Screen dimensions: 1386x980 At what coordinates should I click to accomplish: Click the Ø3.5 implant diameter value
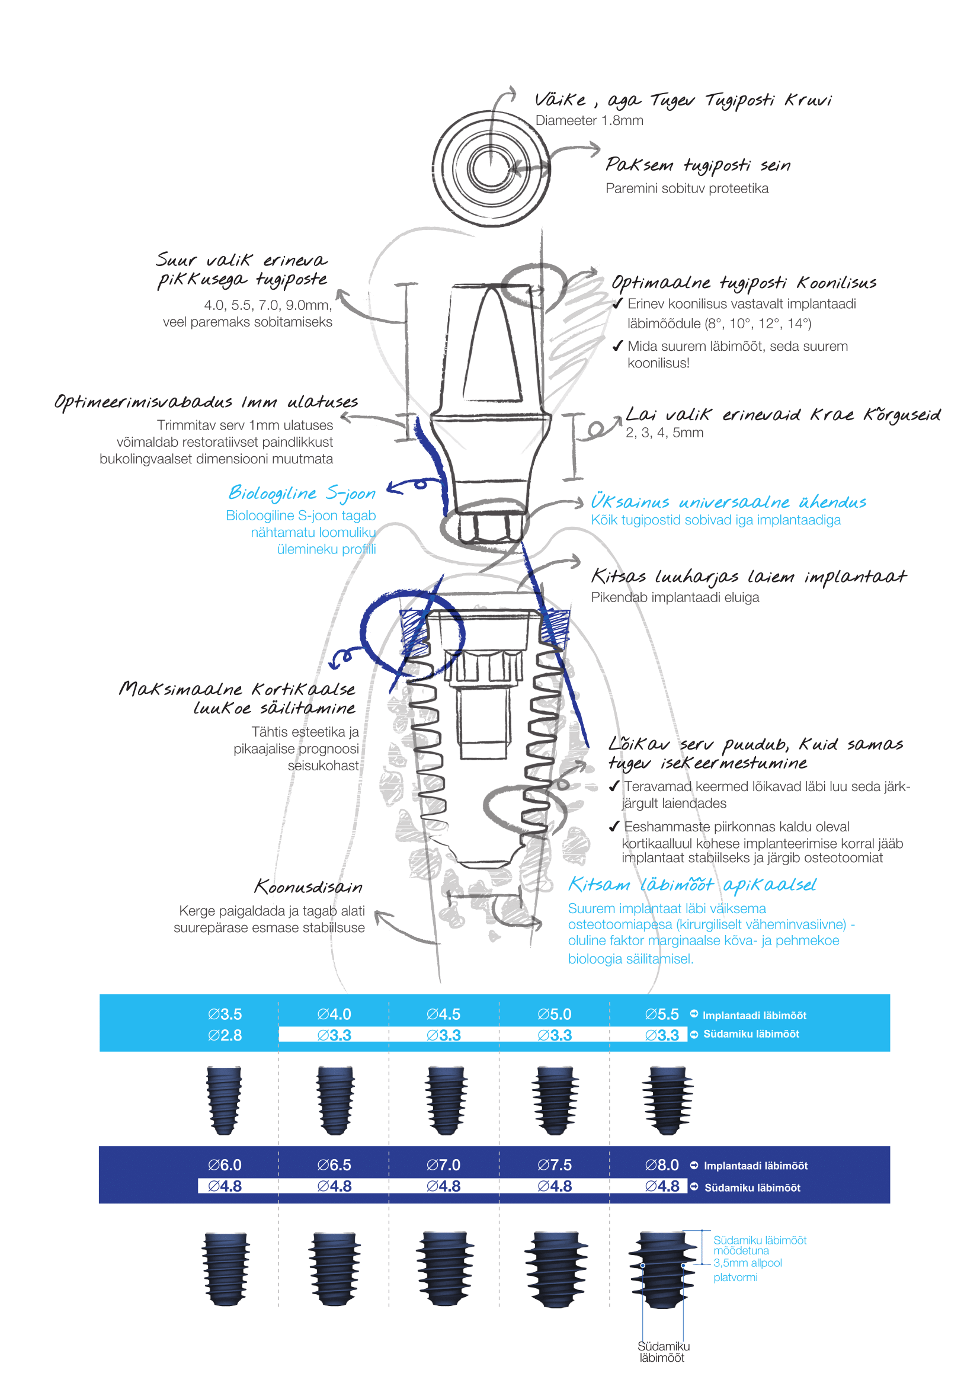tap(225, 1014)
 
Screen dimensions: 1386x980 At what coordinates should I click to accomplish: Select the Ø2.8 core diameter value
tap(225, 1035)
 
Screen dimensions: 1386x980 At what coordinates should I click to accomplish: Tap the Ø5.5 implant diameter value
tap(661, 1014)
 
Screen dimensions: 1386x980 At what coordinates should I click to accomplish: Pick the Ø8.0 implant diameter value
tap(661, 1165)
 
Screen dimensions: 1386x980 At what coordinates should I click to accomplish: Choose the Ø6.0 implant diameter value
tap(225, 1165)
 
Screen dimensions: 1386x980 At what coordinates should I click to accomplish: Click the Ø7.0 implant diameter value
tap(443, 1165)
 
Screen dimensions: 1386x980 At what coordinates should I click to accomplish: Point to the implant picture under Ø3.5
tap(225, 1100)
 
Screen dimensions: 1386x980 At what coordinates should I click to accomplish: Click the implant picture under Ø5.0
tap(555, 1100)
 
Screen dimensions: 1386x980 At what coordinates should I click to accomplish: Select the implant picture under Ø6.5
tap(334, 1269)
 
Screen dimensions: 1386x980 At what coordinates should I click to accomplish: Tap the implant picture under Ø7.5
tap(555, 1269)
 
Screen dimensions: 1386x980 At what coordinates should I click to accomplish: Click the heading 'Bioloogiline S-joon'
tap(302, 493)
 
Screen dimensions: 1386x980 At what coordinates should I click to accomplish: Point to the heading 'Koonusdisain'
tap(308, 887)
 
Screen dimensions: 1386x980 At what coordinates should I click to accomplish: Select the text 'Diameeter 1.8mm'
tap(589, 121)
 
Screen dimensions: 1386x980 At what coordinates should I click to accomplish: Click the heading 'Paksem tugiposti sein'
tap(697, 165)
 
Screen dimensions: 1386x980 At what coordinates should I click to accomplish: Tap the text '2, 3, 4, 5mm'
tap(664, 433)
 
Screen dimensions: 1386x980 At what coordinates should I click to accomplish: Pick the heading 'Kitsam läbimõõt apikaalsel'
tap(691, 885)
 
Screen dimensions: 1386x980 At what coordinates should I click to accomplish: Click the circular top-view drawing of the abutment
tap(491, 168)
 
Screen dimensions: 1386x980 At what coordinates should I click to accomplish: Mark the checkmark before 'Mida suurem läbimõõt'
tap(617, 346)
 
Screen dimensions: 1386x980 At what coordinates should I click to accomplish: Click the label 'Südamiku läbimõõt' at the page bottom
tap(663, 1352)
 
